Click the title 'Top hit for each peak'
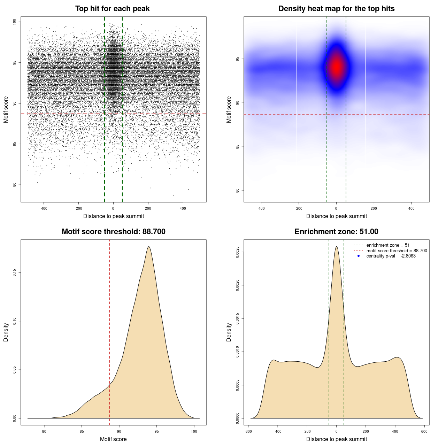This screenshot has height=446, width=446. (112, 9)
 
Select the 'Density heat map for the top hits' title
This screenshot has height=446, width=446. (336, 9)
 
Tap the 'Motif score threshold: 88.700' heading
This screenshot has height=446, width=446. (113, 232)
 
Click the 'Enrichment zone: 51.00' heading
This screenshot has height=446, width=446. (336, 232)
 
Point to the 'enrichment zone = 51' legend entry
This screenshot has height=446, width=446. (388, 245)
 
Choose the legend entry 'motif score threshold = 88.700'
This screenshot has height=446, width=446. (397, 251)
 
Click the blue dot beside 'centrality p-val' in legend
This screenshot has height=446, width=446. (359, 256)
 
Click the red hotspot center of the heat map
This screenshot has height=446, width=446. (336, 67)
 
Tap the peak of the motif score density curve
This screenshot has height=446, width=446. (149, 247)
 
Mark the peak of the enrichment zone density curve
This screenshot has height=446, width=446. (336, 247)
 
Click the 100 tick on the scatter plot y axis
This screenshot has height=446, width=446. (15, 22)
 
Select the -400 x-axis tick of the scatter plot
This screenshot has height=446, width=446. (44, 208)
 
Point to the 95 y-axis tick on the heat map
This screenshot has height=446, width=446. (238, 59)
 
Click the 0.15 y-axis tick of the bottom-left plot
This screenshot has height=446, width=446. (15, 272)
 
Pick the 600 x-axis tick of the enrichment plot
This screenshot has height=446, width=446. (424, 431)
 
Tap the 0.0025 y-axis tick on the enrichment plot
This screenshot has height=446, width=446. (238, 252)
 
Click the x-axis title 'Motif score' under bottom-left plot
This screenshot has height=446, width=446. (113, 439)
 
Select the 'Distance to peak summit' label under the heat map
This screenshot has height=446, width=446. (336, 216)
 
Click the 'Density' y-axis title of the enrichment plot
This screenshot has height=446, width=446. (229, 332)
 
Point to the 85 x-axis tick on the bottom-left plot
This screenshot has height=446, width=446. (82, 431)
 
